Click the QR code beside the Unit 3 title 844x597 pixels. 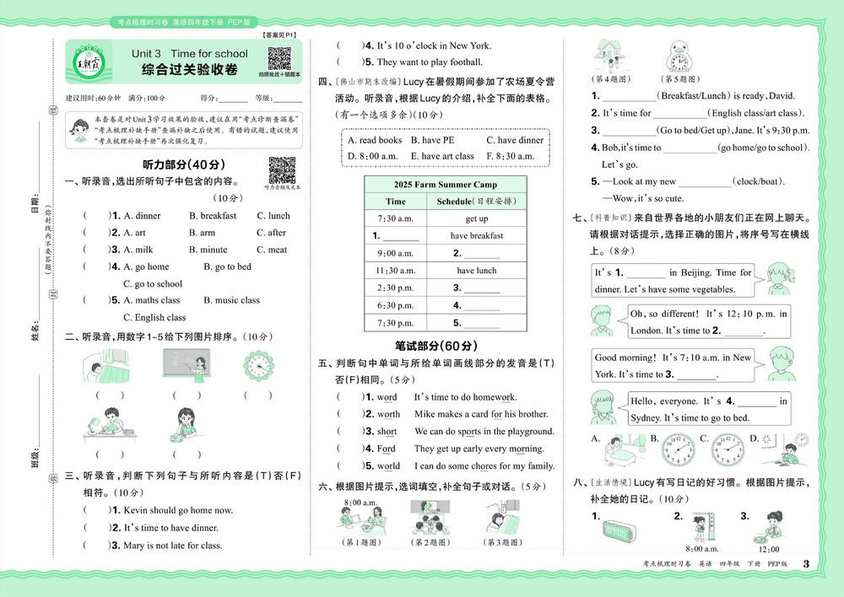point(279,60)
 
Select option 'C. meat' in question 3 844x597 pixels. point(272,250)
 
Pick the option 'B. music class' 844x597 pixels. point(231,300)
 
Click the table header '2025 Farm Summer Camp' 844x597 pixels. point(445,185)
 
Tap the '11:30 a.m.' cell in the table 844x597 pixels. point(395,271)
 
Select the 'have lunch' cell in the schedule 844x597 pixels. point(476,271)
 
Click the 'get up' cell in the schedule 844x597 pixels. point(476,218)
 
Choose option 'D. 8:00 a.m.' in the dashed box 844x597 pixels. point(372,156)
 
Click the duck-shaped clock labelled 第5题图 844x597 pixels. point(681,60)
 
